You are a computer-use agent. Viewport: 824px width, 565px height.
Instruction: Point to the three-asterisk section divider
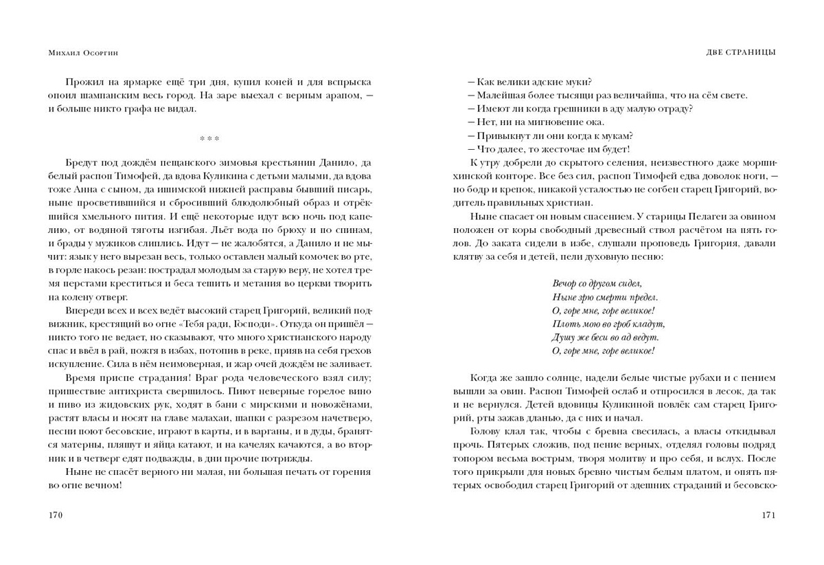coord(209,139)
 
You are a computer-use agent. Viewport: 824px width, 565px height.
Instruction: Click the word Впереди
coord(84,310)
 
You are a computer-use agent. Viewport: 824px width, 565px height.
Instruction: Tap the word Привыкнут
coord(503,135)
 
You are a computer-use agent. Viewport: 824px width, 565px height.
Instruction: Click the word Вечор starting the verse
coord(564,283)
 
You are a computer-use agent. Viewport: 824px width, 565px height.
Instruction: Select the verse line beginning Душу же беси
coord(605,337)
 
